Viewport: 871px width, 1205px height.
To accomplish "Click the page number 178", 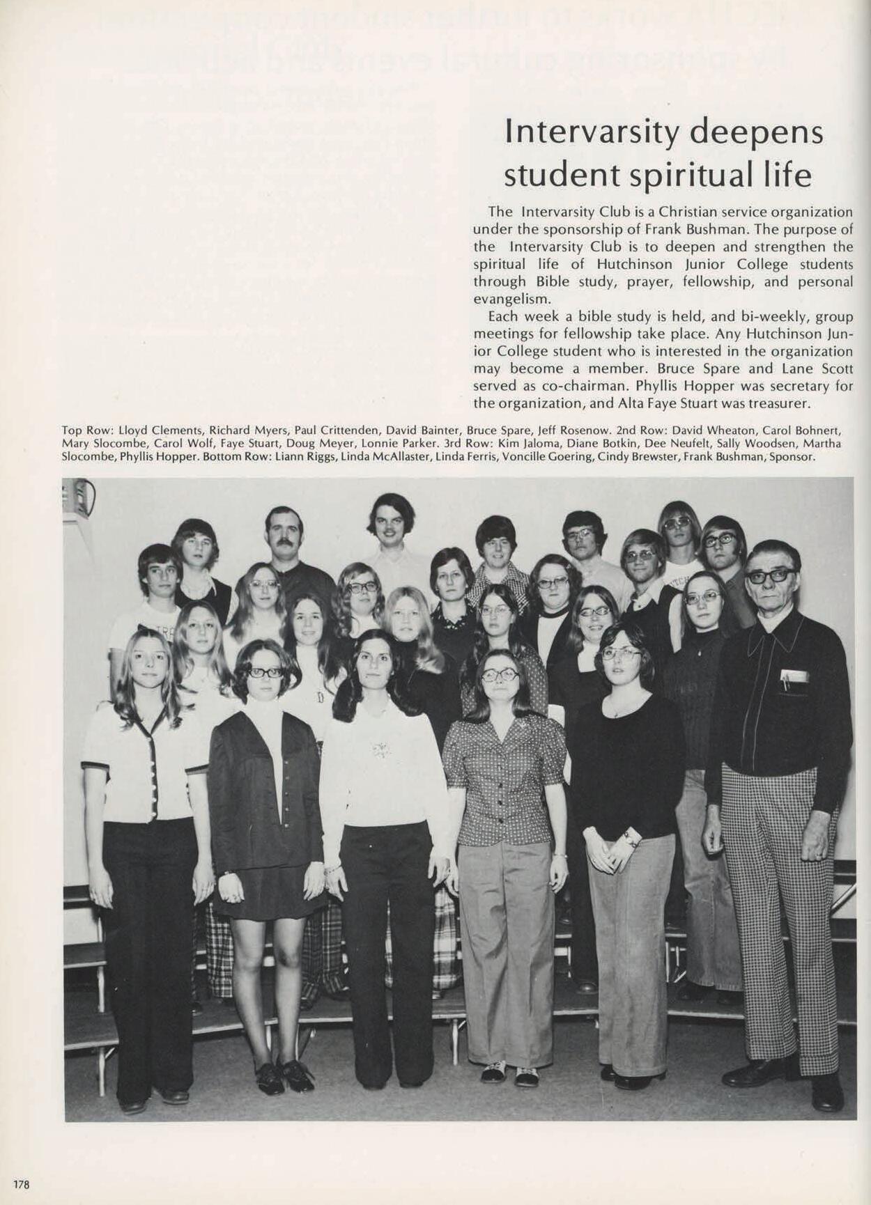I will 21,1183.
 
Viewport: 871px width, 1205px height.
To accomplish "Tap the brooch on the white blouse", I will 380,749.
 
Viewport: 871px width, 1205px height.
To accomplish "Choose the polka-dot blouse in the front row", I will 504,773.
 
